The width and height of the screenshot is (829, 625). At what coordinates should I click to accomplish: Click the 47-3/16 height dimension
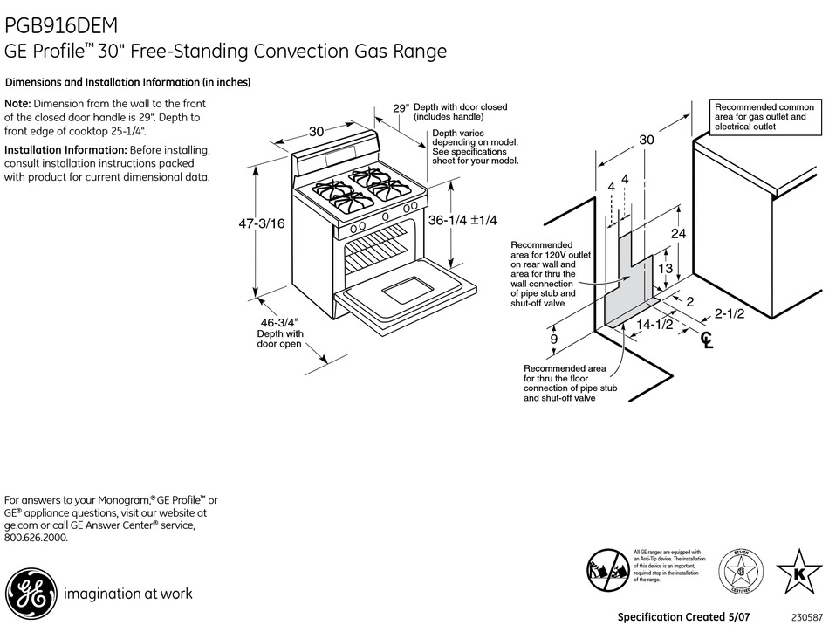click(261, 223)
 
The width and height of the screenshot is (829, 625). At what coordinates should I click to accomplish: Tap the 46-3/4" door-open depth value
click(279, 321)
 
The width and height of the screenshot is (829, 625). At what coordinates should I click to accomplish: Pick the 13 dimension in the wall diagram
click(666, 269)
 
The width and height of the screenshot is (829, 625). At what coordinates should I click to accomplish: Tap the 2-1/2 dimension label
click(728, 313)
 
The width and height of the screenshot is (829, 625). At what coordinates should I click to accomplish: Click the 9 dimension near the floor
click(553, 339)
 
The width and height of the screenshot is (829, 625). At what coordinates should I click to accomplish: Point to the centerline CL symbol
click(707, 340)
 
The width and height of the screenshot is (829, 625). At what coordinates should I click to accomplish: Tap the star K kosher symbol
click(797, 574)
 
